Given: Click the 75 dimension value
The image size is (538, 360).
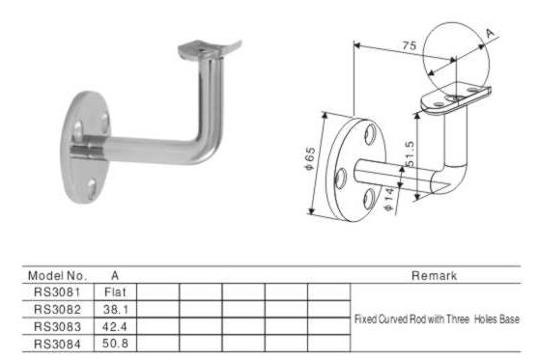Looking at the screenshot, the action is click(410, 45).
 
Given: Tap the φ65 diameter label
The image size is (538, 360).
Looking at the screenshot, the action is click(309, 158).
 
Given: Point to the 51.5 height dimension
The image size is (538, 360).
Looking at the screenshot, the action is click(410, 154).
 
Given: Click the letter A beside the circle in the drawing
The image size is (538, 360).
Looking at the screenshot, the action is click(491, 34).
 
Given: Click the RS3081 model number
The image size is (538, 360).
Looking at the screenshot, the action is click(57, 292).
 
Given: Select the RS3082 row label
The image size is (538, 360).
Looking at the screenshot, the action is click(57, 309).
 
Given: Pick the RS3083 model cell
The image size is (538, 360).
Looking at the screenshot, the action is click(57, 326).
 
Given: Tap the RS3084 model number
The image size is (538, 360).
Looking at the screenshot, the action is click(57, 344).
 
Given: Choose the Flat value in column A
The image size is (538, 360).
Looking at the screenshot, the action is click(115, 292).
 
